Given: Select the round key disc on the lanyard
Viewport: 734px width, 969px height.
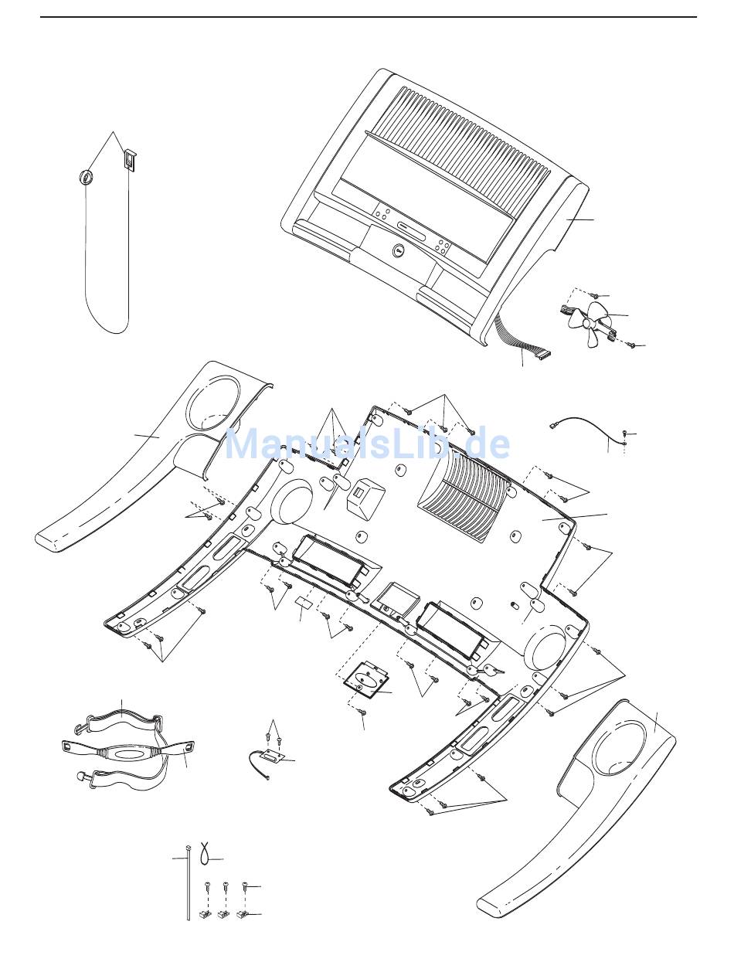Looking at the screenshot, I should [x=86, y=177].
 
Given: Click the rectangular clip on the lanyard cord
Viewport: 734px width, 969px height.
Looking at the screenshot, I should [x=128, y=161].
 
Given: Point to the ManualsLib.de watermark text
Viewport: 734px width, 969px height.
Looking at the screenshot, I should [x=367, y=444].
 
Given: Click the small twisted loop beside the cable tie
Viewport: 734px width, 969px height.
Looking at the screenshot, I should [x=204, y=853].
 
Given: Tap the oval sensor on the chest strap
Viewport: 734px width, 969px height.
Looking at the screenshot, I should [x=128, y=753].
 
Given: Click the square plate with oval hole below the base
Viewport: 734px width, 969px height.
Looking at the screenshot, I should [x=362, y=678].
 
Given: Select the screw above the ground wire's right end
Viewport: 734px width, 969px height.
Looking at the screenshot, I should [x=626, y=434].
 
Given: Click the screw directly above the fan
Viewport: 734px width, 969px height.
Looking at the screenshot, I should [x=595, y=295].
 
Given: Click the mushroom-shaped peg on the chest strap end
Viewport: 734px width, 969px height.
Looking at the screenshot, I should [x=80, y=776].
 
